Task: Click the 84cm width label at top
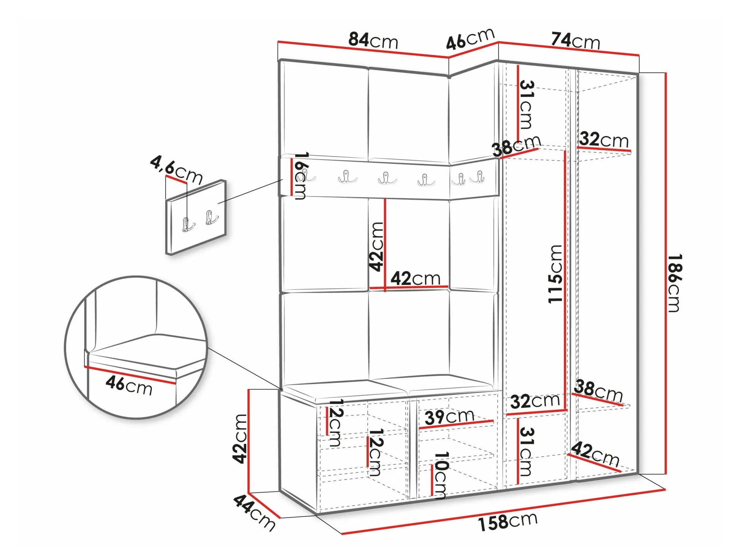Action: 373,40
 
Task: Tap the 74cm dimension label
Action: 575,41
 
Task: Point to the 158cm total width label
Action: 508,522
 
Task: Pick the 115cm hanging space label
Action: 555,274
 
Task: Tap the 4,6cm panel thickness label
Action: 176,170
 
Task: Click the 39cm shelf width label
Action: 449,417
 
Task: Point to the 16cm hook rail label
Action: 300,176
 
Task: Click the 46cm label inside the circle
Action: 129,385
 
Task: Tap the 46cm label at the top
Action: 470,39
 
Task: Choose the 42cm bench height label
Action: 240,439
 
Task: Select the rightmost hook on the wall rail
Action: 478,177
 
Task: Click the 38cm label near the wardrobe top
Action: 516,146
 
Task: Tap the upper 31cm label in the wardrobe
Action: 527,105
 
